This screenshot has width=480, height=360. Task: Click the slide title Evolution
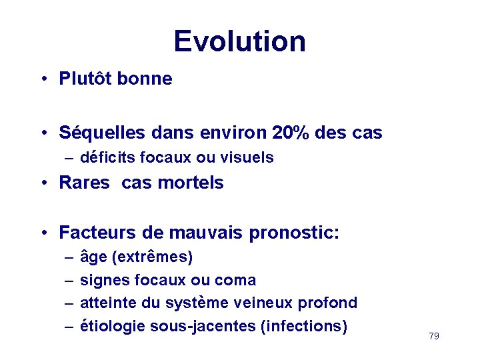coord(239,41)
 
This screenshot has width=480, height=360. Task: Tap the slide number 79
coord(434,336)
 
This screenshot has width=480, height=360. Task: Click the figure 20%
coord(290,133)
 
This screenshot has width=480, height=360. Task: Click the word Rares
coord(84,183)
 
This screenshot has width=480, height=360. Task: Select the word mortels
coord(193,183)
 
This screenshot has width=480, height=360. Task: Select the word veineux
coord(265,303)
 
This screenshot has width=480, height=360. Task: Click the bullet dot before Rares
coord(41,183)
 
